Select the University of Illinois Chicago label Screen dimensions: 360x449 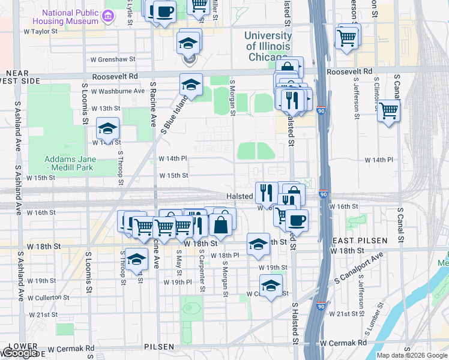(x=268, y=47)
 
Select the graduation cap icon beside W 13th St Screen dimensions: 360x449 (x=107, y=128)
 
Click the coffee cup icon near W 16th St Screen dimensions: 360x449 (x=297, y=220)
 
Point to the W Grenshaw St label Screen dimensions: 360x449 (x=113, y=60)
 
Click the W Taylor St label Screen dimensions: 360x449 (x=43, y=31)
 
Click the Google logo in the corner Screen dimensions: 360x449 (x=20, y=353)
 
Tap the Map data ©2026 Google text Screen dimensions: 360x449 (x=412, y=355)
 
